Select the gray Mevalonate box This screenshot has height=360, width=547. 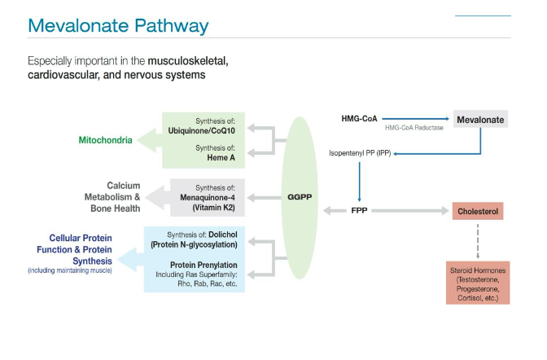480,120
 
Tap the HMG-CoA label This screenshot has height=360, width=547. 359,120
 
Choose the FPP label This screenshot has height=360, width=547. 361,212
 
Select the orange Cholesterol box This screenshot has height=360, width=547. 479,212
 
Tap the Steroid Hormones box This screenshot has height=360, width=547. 478,282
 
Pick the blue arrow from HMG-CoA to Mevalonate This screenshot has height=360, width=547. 415,119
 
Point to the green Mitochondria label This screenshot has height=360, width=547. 105,140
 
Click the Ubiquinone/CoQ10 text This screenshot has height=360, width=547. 203,130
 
